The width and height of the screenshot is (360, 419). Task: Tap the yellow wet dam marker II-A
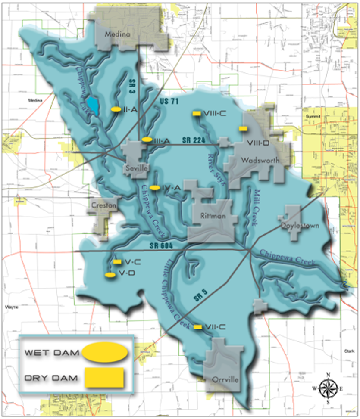pos(116,109)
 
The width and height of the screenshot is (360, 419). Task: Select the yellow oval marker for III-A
pos(146,140)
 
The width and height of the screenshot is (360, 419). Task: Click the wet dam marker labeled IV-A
pos(156,188)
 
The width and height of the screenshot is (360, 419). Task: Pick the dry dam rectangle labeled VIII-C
pos(195,113)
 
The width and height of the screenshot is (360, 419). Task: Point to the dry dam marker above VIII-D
pos(243,128)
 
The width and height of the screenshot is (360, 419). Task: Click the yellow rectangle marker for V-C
pos(117,262)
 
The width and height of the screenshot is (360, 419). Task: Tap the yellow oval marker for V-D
pos(110,274)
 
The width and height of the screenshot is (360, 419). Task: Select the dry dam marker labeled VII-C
pos(197,327)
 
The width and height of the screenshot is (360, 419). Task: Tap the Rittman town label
pos(213,216)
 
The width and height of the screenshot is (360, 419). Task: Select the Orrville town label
pos(225,380)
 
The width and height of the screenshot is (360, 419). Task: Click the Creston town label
pos(103,206)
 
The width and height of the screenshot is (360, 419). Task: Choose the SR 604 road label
pos(161,246)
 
